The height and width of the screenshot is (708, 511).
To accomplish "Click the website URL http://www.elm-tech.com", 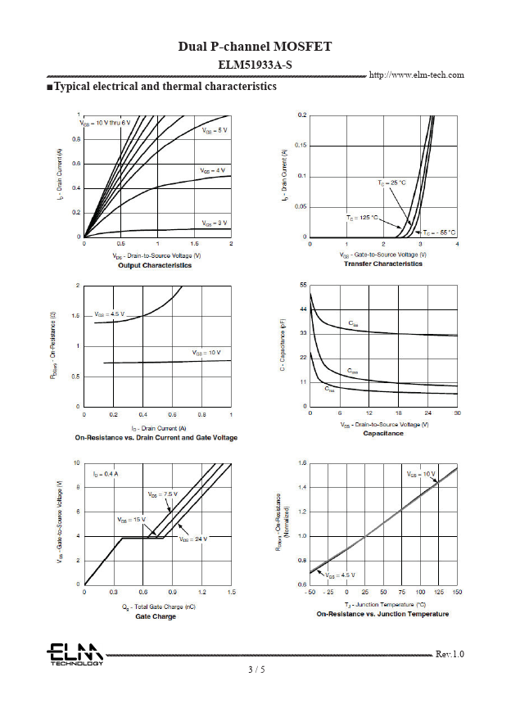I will click(x=417, y=74).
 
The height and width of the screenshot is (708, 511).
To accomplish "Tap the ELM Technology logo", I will click(x=75, y=654).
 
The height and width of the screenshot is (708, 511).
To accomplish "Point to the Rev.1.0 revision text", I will click(x=450, y=654).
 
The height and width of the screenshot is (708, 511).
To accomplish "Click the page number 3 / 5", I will click(x=256, y=670).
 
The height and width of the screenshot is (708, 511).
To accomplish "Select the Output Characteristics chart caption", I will click(x=155, y=265).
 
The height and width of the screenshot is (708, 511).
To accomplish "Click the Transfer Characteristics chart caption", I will click(x=383, y=264).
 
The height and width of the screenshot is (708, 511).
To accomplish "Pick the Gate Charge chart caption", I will click(x=156, y=616).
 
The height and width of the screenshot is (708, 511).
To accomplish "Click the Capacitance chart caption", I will click(x=383, y=434).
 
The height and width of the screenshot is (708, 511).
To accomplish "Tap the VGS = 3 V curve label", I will click(x=215, y=223).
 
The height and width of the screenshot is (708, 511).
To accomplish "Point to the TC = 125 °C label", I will click(x=362, y=218).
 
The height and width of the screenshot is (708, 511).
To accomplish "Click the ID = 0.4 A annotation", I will click(x=106, y=474).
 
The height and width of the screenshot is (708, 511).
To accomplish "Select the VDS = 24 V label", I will click(x=194, y=539).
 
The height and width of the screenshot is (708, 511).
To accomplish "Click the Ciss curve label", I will click(x=353, y=324).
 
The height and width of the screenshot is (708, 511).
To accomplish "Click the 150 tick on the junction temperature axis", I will click(x=457, y=591).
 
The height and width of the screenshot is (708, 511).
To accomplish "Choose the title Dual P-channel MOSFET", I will click(x=255, y=47).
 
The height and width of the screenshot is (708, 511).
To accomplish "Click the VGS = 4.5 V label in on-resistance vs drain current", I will click(x=109, y=313).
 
